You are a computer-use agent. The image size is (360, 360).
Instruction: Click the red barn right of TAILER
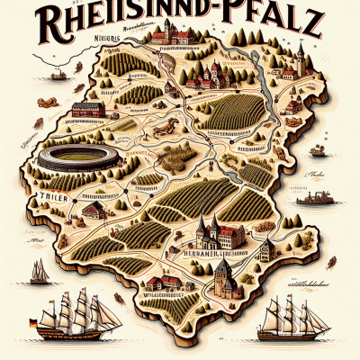93,210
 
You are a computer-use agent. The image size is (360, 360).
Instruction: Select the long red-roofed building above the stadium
87,111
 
